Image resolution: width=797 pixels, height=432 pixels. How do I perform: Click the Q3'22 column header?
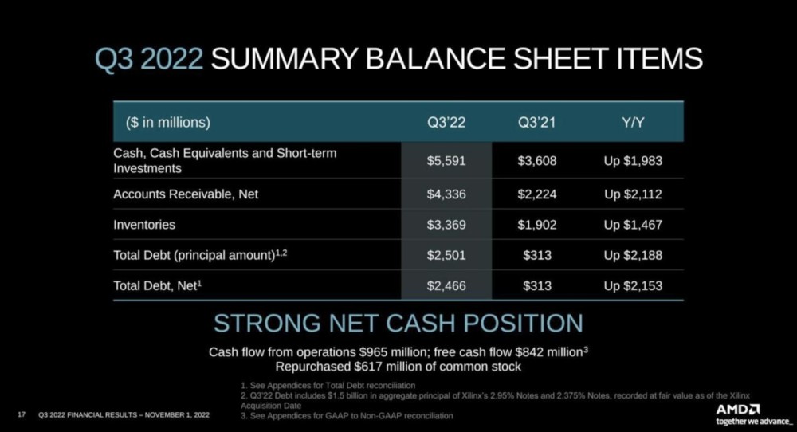click(446, 123)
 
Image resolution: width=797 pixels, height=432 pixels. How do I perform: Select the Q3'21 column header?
click(536, 123)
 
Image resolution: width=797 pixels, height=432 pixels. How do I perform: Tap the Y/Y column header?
click(633, 123)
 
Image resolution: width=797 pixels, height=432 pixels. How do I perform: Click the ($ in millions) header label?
click(167, 123)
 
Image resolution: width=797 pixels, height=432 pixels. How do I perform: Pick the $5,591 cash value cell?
click(446, 161)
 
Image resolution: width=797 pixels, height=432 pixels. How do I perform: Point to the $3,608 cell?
click(536, 161)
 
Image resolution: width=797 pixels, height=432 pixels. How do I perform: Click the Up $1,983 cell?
click(633, 161)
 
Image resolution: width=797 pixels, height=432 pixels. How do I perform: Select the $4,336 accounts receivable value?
click(446, 194)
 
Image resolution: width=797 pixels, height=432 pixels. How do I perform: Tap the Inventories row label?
click(144, 225)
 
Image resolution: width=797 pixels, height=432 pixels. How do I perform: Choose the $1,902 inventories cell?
click(536, 225)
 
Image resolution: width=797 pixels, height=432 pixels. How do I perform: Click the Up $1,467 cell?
click(633, 225)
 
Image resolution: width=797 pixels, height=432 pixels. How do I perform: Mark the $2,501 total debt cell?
click(446, 255)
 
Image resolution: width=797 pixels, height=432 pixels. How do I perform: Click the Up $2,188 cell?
click(633, 255)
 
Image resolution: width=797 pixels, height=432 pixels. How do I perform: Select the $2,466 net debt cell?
click(446, 285)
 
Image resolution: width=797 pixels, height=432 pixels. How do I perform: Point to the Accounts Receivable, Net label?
click(186, 194)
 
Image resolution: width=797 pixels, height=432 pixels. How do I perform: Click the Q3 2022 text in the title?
click(149, 59)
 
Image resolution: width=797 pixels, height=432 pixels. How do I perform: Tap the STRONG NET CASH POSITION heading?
click(398, 324)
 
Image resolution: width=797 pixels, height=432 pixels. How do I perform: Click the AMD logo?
click(738, 410)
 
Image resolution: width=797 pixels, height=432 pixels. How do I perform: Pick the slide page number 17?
click(22, 414)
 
